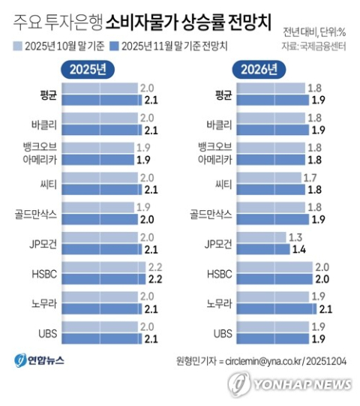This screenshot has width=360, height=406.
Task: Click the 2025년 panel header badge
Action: click(x=87, y=70)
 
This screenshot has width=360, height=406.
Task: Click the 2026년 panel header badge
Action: click(x=259, y=70)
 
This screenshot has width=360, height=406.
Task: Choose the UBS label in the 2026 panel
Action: click(x=223, y=332)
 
